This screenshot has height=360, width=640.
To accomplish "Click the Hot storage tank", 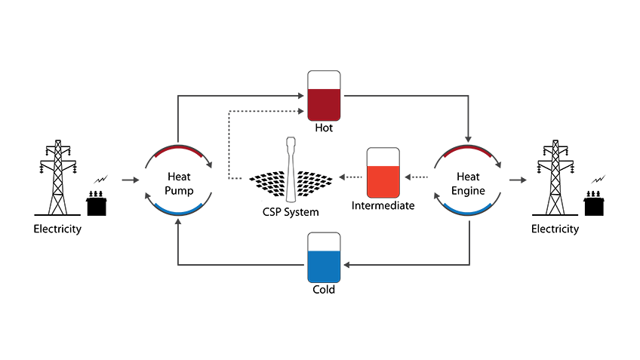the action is (324, 96).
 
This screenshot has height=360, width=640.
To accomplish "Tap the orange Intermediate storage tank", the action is (383, 174).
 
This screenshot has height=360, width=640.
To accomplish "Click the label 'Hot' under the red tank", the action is (324, 128).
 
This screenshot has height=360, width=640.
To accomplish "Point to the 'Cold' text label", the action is (324, 290).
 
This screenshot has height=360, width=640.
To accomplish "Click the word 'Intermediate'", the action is (383, 206).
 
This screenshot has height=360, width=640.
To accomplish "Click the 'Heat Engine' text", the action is (467, 181).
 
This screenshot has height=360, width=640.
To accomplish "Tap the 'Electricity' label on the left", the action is (57, 229).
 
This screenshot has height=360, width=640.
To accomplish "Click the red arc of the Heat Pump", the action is (178, 151).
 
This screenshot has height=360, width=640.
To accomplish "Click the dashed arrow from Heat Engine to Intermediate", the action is (417, 178).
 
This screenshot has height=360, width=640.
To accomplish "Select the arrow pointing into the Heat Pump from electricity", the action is (131, 180).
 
